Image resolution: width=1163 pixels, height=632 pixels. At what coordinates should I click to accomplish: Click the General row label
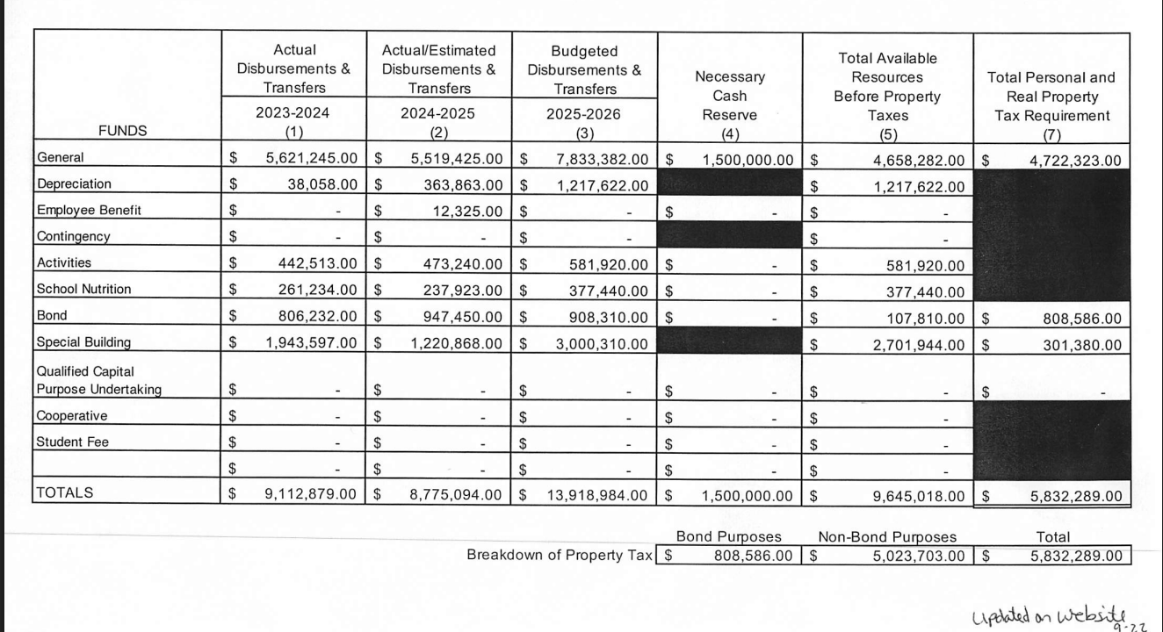tap(61, 158)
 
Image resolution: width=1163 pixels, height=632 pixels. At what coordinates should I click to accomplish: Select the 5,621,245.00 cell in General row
tap(311, 160)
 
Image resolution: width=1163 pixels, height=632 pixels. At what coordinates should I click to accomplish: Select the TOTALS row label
tap(65, 492)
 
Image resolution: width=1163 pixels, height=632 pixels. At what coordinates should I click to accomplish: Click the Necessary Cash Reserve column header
tap(729, 96)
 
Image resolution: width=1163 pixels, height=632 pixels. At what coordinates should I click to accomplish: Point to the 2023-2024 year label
tap(292, 113)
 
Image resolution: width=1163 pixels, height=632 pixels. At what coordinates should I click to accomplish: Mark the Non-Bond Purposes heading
tap(887, 537)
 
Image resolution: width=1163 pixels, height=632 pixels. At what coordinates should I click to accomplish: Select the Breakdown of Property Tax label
tap(560, 555)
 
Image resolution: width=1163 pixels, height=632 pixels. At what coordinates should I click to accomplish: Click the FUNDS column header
tap(123, 131)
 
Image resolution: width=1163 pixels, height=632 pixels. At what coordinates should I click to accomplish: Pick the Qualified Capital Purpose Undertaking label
tap(98, 380)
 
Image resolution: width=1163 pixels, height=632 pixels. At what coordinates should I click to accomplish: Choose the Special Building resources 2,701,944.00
tap(918, 345)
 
